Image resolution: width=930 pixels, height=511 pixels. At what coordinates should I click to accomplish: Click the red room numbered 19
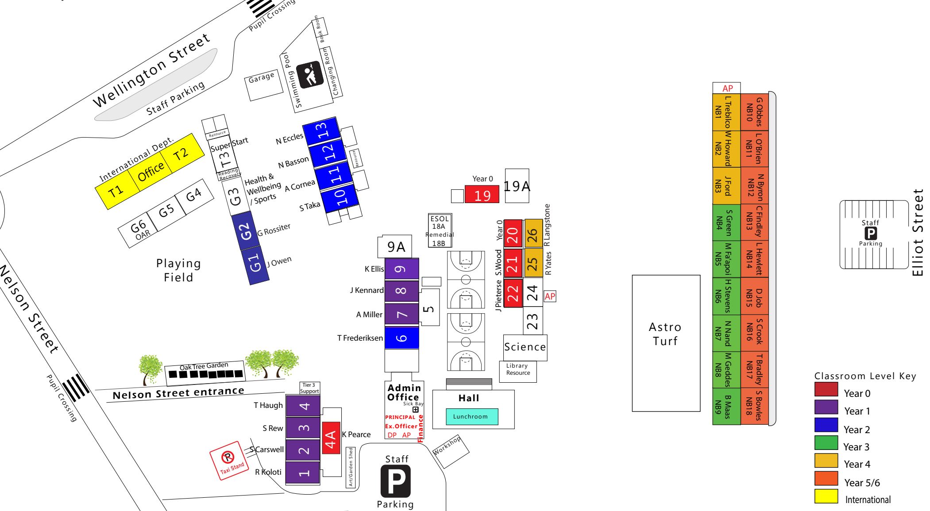coord(482,195)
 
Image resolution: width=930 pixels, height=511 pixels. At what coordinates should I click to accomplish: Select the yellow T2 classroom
coord(182,154)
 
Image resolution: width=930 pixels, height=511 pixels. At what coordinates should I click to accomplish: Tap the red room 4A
coord(331,438)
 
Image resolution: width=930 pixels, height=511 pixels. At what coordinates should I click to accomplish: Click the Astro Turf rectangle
coord(666,343)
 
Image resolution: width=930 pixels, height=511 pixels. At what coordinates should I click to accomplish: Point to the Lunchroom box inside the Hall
coord(472,416)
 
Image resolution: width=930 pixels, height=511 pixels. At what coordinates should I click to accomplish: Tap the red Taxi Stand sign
coord(230,461)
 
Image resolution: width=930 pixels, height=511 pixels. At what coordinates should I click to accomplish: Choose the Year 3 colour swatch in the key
coord(826,443)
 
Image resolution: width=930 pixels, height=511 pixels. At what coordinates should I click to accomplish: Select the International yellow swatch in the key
coord(826,496)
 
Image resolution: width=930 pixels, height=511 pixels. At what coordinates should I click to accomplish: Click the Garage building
coord(264,85)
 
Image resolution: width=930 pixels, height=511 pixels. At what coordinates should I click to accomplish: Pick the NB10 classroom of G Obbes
coord(754,112)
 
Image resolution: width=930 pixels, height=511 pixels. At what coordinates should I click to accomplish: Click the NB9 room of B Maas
coord(726,407)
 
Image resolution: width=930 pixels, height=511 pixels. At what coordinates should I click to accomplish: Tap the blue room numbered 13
coord(322,131)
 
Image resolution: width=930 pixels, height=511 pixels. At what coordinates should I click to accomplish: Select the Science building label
coord(525,347)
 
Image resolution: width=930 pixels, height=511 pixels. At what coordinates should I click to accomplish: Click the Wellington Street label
coord(151,70)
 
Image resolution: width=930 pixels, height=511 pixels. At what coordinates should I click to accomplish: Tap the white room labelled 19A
coord(517,186)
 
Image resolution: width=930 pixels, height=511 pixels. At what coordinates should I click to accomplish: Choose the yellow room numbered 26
coord(533,234)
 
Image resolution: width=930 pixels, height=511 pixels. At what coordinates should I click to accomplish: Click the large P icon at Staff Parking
coord(396,481)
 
